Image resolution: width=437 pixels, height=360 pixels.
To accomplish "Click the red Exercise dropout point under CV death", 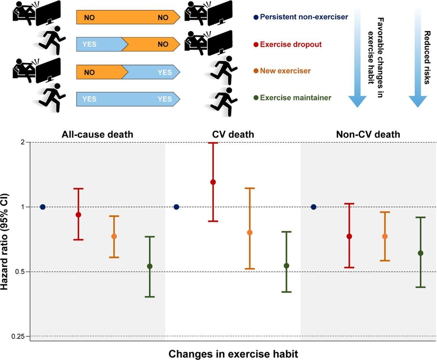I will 213,182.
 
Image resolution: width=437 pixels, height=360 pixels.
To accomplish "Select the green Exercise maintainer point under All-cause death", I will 149,266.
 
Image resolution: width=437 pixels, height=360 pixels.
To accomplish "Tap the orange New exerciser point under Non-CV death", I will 385,236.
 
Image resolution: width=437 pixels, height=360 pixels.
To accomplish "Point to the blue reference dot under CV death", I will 176,207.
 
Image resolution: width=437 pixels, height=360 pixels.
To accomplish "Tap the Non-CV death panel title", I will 368,135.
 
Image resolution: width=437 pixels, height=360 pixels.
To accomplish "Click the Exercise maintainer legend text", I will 295,98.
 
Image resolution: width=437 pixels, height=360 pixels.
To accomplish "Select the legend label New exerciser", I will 286,71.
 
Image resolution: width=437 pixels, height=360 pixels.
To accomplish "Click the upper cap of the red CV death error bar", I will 213,143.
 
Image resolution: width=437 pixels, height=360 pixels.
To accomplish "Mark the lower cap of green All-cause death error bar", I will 149,297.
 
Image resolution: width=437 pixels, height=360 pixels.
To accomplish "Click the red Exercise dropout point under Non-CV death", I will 349,236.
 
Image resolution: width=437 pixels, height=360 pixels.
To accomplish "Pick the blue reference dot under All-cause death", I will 43,207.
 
